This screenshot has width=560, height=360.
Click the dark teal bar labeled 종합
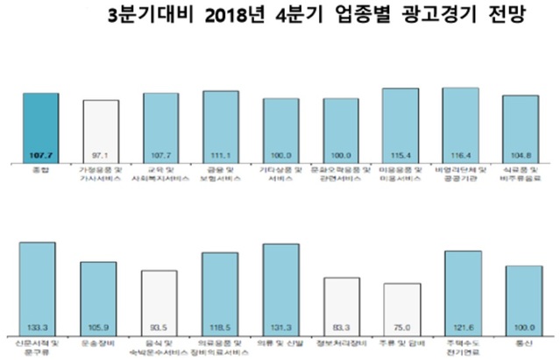click(x=40, y=128)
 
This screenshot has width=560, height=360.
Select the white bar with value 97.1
click(x=101, y=131)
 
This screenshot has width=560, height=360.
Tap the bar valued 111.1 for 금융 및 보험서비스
click(x=220, y=126)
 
